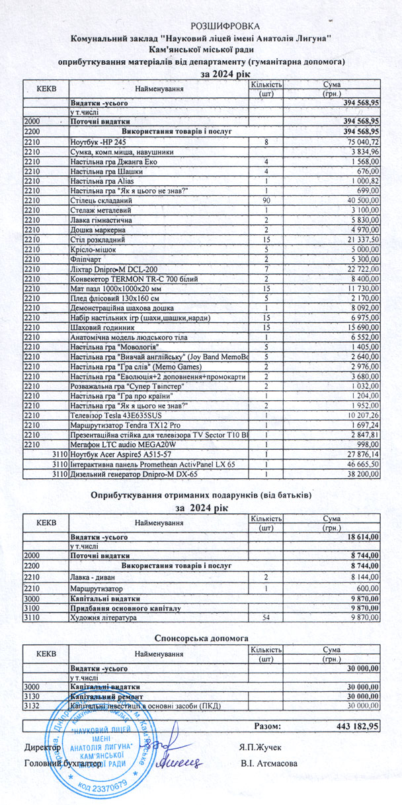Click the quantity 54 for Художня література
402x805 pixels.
pyautogui.click(x=266, y=618)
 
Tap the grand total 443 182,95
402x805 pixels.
pyautogui.click(x=357, y=726)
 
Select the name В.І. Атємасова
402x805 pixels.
pyautogui.click(x=269, y=763)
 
